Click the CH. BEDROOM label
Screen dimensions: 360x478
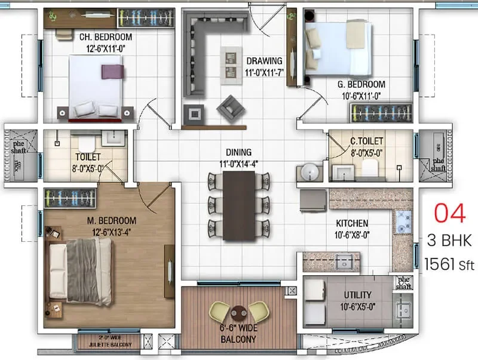point(106,37)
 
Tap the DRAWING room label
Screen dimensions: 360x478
point(265,61)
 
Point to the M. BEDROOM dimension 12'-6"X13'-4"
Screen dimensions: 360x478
point(111,232)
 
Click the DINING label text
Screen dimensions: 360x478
point(238,153)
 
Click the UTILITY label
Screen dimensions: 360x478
point(358,295)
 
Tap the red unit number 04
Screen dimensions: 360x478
point(449,214)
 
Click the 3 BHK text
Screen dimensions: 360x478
point(449,241)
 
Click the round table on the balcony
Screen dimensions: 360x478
point(238,312)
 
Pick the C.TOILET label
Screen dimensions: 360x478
point(366,141)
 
